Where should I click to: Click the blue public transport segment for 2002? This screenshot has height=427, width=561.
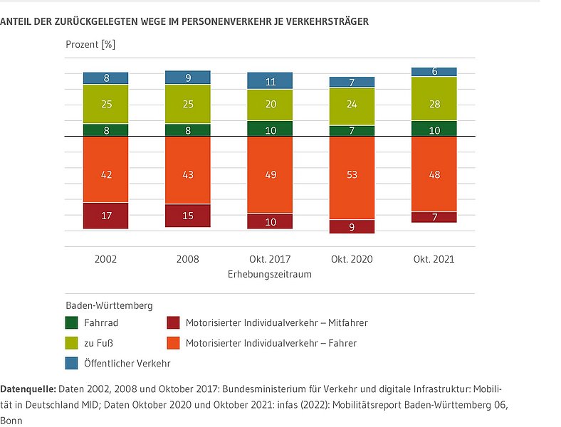pyautogui.click(x=105, y=78)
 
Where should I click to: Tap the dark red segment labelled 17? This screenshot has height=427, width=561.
pyautogui.click(x=105, y=216)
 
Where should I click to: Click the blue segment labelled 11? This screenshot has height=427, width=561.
pyautogui.click(x=270, y=80)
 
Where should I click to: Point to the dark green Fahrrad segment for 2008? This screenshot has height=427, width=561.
pyautogui.click(x=188, y=130)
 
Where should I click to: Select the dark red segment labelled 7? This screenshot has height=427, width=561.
pyautogui.click(x=434, y=217)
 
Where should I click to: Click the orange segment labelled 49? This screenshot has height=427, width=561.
pyautogui.click(x=270, y=174)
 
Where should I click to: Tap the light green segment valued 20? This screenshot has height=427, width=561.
pyautogui.click(x=270, y=105)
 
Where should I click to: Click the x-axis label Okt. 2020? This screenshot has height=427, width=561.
pyautogui.click(x=352, y=259)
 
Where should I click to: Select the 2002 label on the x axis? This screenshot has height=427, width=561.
pyautogui.click(x=105, y=259)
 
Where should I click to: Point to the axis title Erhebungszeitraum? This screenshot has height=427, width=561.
pyautogui.click(x=270, y=274)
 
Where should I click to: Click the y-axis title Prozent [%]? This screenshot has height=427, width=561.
pyautogui.click(x=90, y=44)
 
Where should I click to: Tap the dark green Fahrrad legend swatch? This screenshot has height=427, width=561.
pyautogui.click(x=71, y=323)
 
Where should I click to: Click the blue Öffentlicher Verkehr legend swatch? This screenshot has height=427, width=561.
pyautogui.click(x=71, y=363)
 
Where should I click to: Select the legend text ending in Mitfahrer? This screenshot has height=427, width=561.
pyautogui.click(x=276, y=323)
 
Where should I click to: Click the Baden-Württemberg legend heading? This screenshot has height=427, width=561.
pyautogui.click(x=109, y=306)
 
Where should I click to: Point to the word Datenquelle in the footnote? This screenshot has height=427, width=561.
pyautogui.click(x=28, y=389)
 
